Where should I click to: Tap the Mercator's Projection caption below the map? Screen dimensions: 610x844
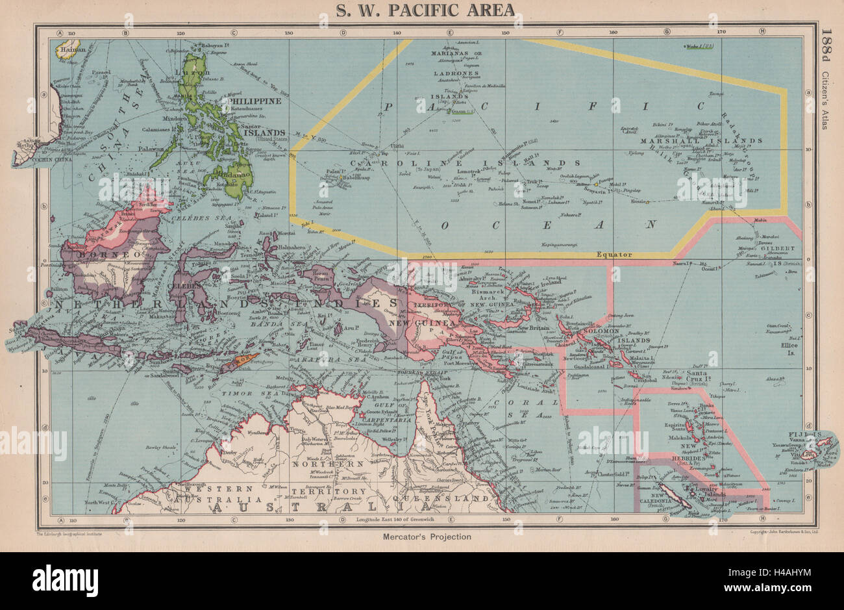tap(421, 537)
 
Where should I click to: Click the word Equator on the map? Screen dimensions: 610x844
tap(614, 255)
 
